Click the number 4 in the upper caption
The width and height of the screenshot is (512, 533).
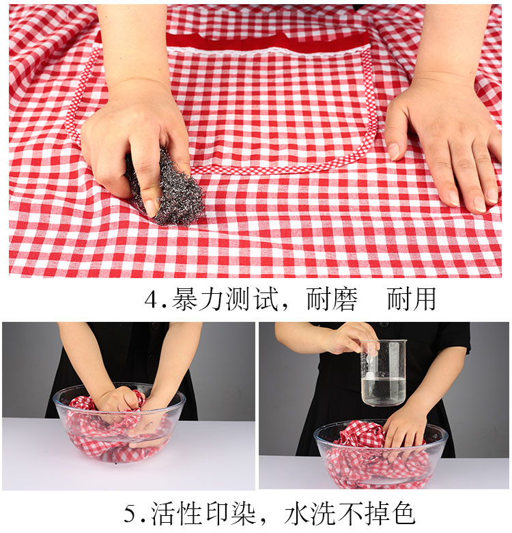pyautogui.click(x=151, y=300)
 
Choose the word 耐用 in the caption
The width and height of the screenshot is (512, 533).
pyautogui.click(x=411, y=299)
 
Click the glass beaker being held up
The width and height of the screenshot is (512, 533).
pyautogui.click(x=384, y=373)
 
